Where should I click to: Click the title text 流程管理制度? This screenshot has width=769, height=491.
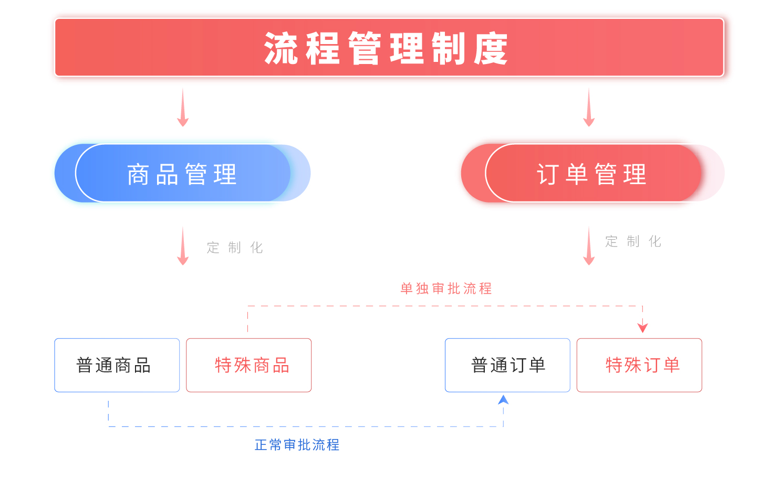(x=386, y=48)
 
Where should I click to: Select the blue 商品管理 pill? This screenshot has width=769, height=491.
(x=182, y=174)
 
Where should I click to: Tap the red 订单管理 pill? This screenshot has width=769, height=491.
(x=592, y=174)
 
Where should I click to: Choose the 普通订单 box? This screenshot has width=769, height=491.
(x=507, y=365)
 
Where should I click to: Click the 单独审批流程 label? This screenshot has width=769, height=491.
(x=446, y=289)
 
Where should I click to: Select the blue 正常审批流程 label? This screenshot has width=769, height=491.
(x=297, y=445)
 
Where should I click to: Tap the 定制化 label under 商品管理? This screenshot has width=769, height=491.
(x=234, y=248)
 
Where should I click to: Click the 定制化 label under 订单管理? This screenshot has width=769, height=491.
(x=633, y=241)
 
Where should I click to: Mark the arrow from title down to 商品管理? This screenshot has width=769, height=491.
(x=183, y=108)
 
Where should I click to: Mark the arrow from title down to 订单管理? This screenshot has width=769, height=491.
(x=589, y=108)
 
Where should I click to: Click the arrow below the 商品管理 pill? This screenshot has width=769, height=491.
(x=183, y=246)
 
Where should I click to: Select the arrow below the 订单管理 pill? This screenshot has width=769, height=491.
(x=589, y=246)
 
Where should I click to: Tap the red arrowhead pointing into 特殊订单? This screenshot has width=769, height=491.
(x=642, y=328)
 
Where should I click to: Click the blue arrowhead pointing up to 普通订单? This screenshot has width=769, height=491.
(x=503, y=400)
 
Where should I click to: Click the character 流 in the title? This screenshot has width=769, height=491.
(x=281, y=48)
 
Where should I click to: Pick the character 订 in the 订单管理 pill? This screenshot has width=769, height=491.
(x=547, y=174)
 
